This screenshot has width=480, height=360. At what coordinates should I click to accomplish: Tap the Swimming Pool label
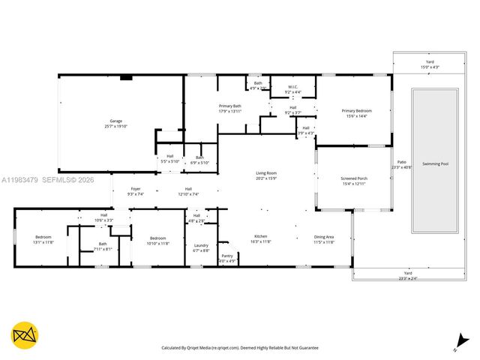435,163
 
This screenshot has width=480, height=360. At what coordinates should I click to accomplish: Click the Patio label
402,164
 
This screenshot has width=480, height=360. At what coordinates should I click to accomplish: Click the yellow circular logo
25,335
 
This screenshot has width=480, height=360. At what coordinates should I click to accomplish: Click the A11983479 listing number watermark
18,180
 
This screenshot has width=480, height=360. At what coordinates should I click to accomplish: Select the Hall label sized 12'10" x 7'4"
188,191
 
